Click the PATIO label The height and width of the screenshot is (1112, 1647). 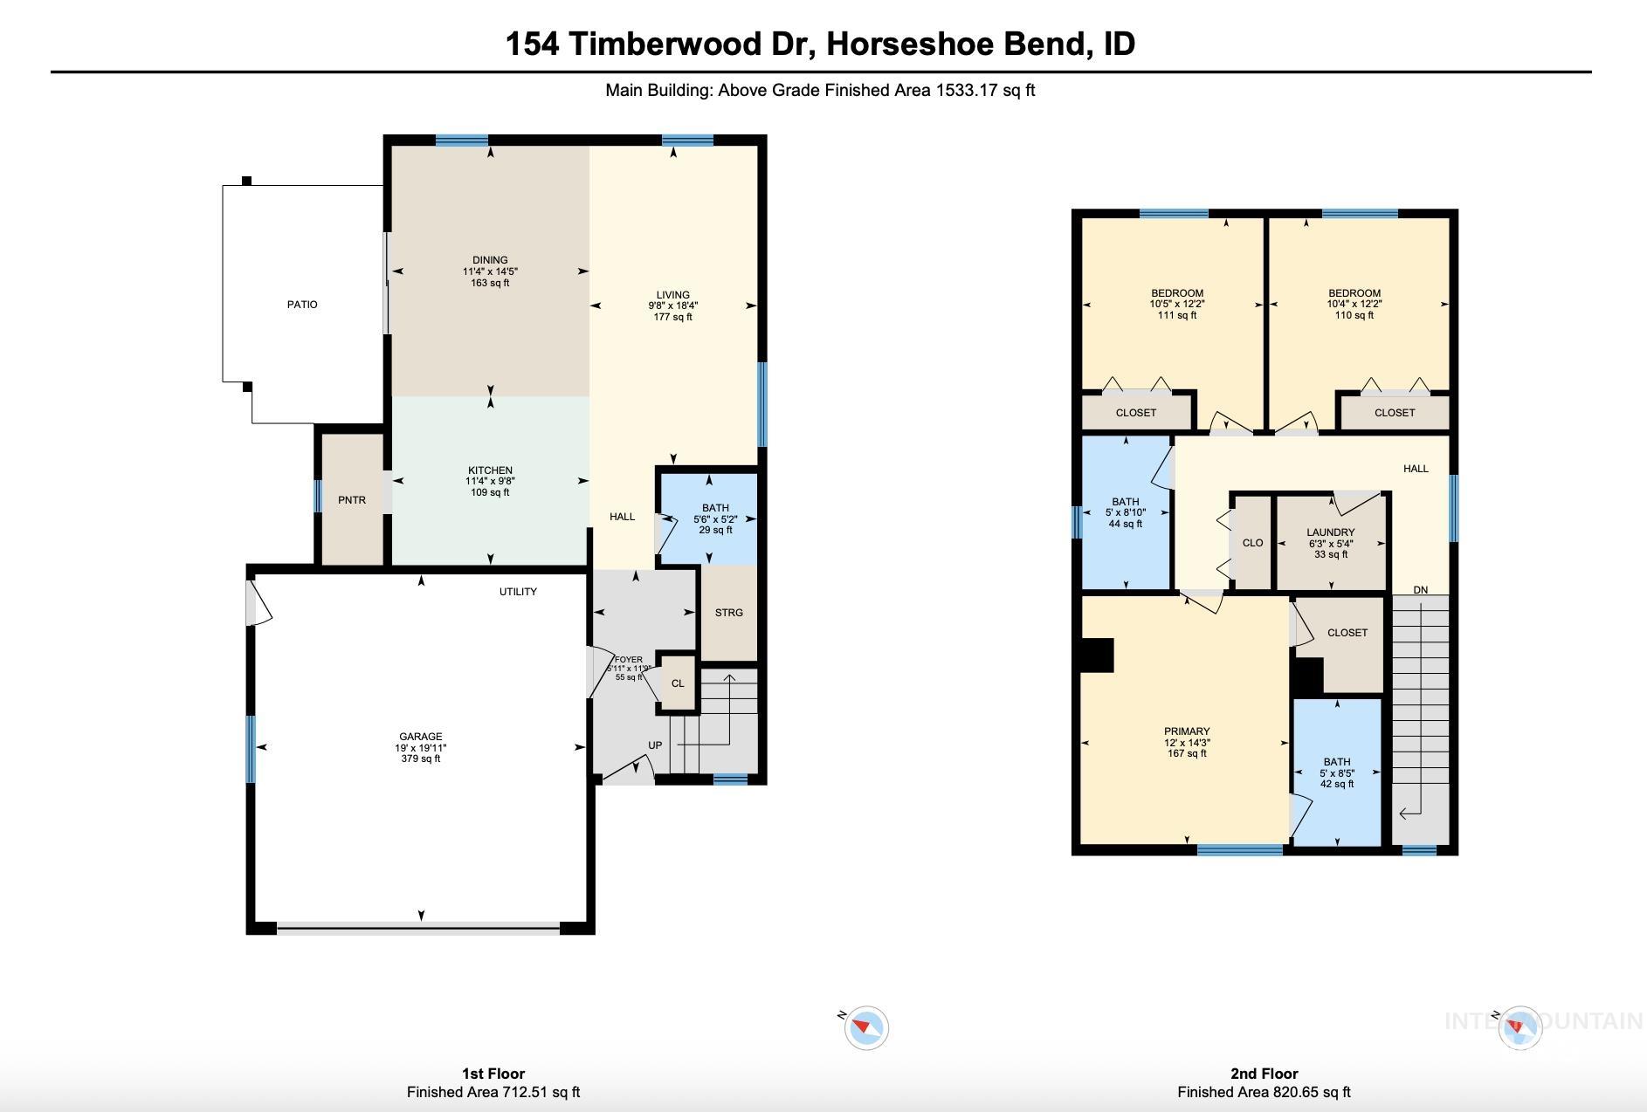pos(302,305)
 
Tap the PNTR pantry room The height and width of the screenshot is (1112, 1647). pos(352,500)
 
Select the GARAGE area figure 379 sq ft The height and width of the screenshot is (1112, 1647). pos(420,758)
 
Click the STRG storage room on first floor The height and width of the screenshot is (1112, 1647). pos(729,613)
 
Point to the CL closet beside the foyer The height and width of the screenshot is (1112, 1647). pos(678,683)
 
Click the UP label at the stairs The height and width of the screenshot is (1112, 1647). pos(655,745)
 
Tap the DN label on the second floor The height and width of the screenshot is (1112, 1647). pos(1421,590)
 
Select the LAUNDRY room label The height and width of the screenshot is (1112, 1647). pos(1331,532)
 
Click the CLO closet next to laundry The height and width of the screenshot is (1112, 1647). pos(1252,543)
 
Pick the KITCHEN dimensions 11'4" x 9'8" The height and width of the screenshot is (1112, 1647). pos(490,482)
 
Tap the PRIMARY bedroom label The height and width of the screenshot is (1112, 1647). pos(1187,731)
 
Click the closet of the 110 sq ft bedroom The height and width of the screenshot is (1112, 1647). pos(1394,413)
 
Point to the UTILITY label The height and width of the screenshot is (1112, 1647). pos(518,592)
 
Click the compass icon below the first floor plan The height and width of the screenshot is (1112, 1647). pos(866,1027)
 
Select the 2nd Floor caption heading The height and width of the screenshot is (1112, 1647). pos(1263,1074)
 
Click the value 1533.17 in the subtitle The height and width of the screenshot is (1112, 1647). pos(967,90)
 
